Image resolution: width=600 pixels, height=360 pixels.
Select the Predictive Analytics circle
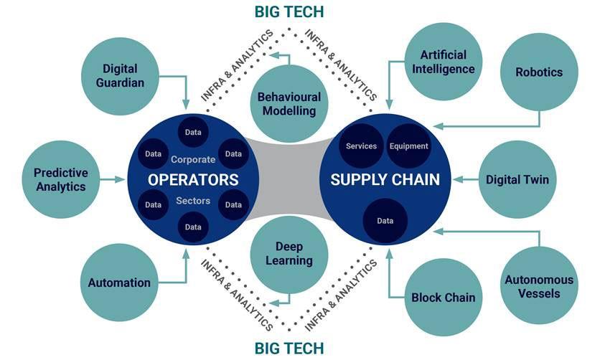[x=60, y=179]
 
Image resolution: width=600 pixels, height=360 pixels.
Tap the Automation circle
[x=119, y=282]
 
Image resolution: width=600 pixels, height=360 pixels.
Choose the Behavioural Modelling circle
[x=289, y=104]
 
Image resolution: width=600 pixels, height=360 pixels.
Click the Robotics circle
[x=539, y=72]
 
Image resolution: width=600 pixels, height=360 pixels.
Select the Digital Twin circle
[x=517, y=179]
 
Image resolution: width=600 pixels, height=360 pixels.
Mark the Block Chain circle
[x=443, y=297]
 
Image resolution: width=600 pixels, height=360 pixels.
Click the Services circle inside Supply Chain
[x=361, y=146]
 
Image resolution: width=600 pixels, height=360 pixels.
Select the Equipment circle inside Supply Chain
[x=408, y=146]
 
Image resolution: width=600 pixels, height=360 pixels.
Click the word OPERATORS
[x=193, y=179]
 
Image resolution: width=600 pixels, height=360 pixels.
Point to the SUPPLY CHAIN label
[x=385, y=179]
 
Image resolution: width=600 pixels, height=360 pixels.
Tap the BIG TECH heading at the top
[x=289, y=11]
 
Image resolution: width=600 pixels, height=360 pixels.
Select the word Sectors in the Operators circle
[x=193, y=201]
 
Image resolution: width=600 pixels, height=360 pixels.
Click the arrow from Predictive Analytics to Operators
[x=113, y=179]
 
